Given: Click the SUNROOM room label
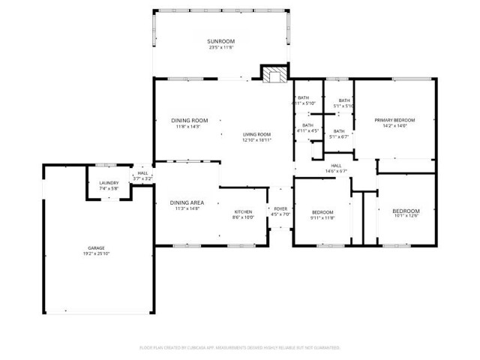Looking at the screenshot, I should point(221,40).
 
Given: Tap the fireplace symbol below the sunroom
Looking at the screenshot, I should point(272,73).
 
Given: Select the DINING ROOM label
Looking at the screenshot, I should point(189,120).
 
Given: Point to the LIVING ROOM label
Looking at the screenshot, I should point(256,133).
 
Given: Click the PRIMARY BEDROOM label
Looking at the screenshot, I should point(394,120).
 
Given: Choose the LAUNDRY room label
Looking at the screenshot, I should point(109,183).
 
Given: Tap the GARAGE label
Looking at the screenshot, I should point(96,248).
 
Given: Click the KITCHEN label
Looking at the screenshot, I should point(242,212).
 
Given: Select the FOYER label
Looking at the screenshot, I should point(280,209).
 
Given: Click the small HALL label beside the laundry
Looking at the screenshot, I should point(142,173).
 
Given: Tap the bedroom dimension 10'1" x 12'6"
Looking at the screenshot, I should point(406,217).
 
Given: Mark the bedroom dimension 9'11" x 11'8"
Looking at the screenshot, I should point(322,217).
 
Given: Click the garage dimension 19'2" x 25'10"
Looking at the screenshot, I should point(96,254).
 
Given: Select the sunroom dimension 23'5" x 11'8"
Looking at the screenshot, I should point(221,48).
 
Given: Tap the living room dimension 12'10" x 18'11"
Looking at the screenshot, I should point(256,139).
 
